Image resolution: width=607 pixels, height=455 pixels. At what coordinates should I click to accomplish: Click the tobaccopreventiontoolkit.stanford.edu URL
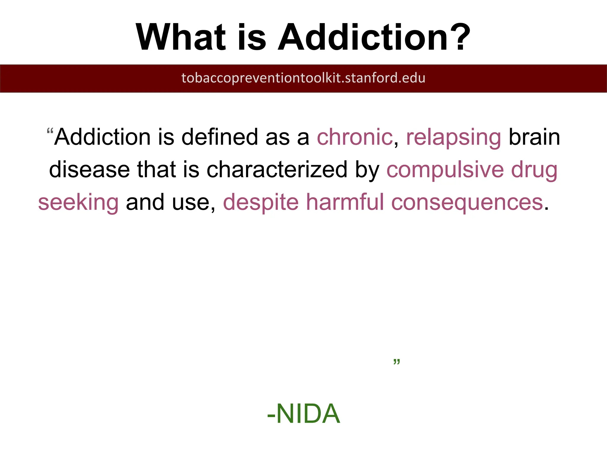(x=303, y=78)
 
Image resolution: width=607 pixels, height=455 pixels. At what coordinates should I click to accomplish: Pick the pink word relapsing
(x=453, y=138)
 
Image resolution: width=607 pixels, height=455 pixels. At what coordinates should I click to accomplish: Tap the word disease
(x=89, y=170)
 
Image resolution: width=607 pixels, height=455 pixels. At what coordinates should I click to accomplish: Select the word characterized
(x=277, y=170)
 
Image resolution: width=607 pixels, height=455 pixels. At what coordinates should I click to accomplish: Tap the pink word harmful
(x=345, y=202)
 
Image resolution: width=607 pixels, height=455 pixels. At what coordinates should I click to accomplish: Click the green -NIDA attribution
(x=303, y=414)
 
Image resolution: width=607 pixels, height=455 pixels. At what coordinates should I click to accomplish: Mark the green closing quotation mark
(x=397, y=362)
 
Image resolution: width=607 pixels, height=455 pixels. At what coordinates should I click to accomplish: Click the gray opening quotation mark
(x=50, y=131)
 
